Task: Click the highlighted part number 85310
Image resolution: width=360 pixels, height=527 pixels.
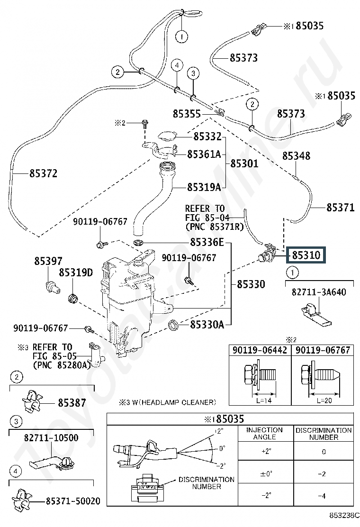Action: tap(306, 255)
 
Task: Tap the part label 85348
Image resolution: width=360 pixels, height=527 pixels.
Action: tap(297, 156)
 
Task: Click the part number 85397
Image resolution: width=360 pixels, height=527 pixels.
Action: tap(48, 261)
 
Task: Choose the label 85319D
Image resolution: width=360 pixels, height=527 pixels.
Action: tap(76, 273)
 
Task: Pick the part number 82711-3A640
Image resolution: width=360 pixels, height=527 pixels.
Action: tap(319, 292)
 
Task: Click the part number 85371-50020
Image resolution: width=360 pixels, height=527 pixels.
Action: tap(72, 501)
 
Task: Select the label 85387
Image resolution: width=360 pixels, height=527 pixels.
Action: tap(72, 403)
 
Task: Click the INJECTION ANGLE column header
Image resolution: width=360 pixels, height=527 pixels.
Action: tap(265, 433)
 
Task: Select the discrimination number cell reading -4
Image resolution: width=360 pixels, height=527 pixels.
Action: tap(324, 496)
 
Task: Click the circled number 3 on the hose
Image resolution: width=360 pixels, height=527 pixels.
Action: tap(193, 73)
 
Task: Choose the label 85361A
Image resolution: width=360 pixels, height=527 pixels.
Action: tap(204, 154)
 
